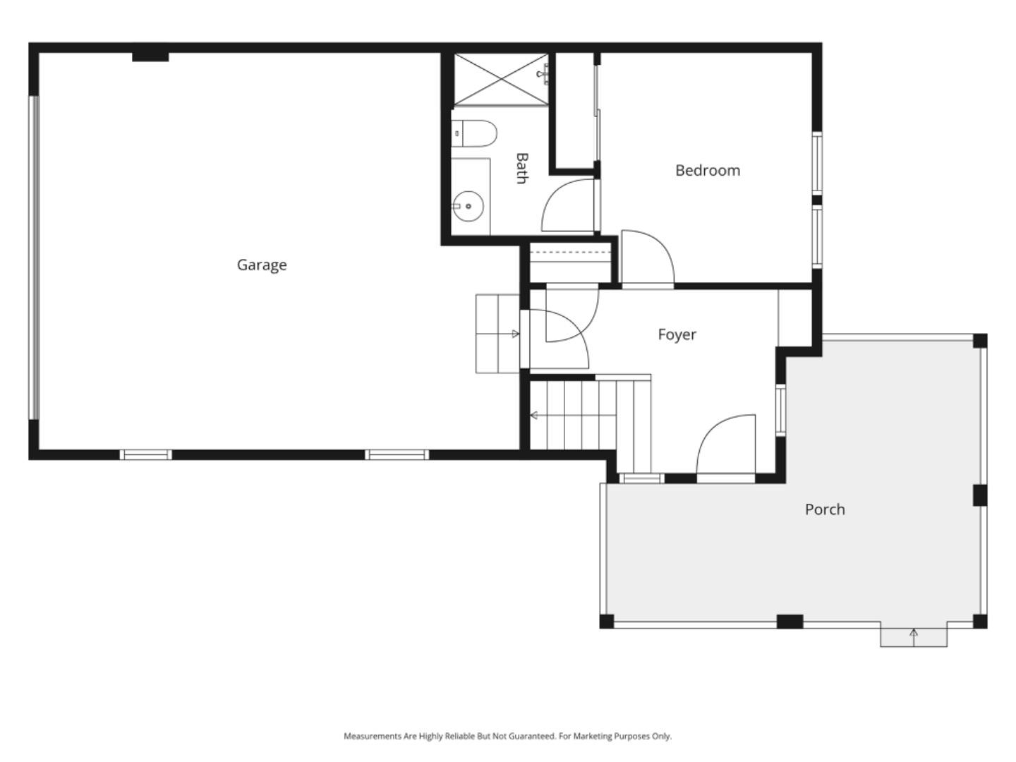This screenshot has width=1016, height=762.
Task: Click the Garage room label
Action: pos(261,265)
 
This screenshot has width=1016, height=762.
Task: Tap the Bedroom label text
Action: pos(707,170)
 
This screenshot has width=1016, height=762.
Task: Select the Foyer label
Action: pos(677,334)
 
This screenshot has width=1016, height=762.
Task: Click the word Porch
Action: pos(824,509)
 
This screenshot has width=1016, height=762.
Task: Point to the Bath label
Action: pos(521,168)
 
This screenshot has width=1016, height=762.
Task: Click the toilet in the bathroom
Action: pos(474,133)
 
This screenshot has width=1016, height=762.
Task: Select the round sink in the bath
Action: pos(467,206)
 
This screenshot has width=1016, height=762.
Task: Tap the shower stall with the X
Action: pos(500,79)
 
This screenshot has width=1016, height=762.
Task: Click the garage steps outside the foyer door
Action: pos(497,334)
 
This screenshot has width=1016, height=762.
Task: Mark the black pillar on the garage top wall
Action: pos(150,56)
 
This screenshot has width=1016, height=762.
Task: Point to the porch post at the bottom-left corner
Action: pos(606,621)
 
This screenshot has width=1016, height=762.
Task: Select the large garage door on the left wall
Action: pos(33,258)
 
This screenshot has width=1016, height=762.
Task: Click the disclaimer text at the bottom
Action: pos(507,736)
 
